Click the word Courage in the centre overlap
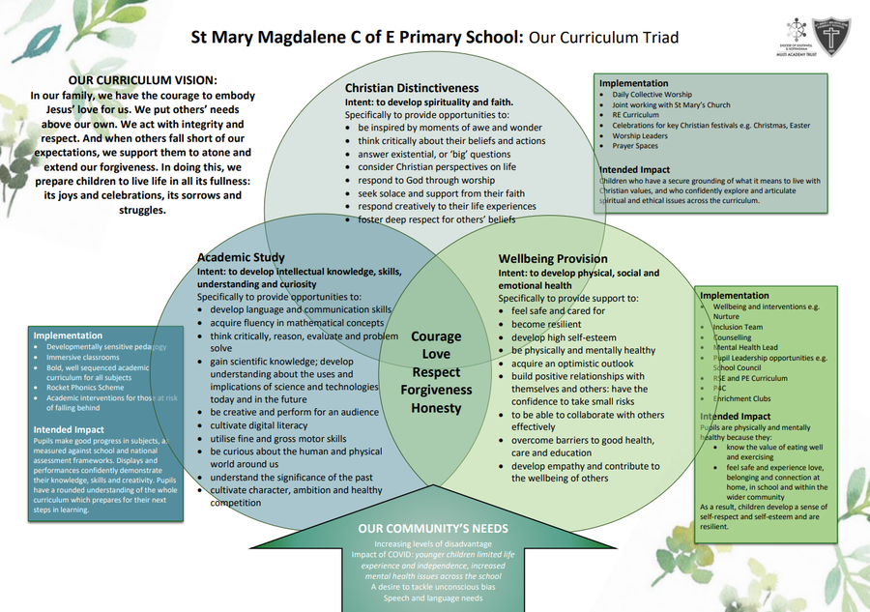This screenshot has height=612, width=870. pyautogui.click(x=436, y=337)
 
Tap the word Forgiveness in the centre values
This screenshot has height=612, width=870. pyautogui.click(x=437, y=391)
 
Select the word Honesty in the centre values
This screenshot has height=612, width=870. pyautogui.click(x=436, y=409)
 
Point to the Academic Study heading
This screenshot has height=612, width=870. pyautogui.click(x=241, y=257)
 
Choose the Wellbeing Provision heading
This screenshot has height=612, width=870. pyautogui.click(x=553, y=258)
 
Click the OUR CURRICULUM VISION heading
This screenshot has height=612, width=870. pyautogui.click(x=142, y=79)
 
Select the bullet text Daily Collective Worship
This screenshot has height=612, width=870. pyautogui.click(x=652, y=95)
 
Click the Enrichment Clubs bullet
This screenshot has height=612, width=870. pyautogui.click(x=743, y=398)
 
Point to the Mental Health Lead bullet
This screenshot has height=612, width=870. pyautogui.click(x=745, y=347)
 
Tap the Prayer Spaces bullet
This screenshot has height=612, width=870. pyautogui.click(x=636, y=147)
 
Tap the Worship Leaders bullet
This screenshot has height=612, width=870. pyautogui.click(x=640, y=136)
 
